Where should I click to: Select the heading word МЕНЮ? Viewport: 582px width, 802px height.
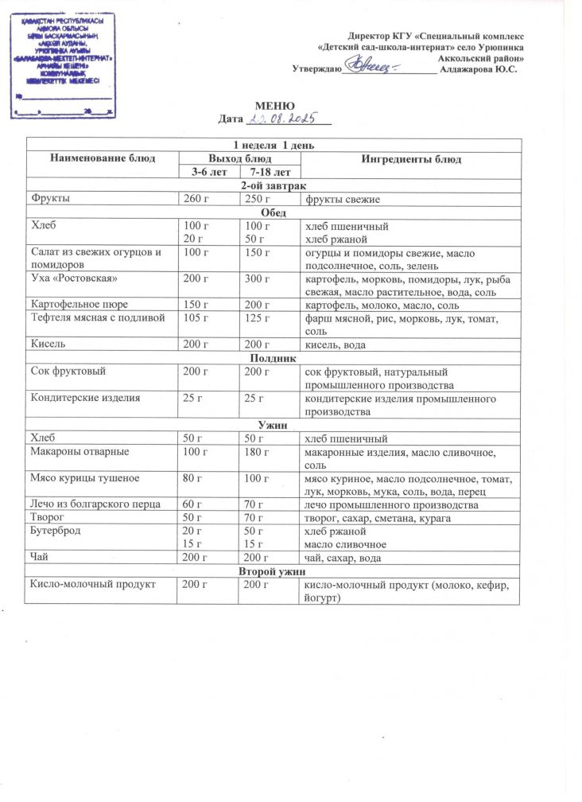(274, 107)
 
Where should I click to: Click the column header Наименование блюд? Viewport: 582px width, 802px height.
(101, 159)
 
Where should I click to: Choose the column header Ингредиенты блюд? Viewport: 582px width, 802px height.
(411, 159)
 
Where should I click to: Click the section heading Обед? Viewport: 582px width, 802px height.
(274, 212)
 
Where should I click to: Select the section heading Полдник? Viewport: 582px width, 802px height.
(274, 358)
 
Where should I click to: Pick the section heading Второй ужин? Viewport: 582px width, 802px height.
(274, 571)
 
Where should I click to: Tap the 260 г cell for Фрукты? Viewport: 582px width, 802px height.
(195, 198)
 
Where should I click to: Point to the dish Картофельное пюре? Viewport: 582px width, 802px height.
(78, 305)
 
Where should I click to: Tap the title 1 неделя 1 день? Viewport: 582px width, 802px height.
(274, 146)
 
